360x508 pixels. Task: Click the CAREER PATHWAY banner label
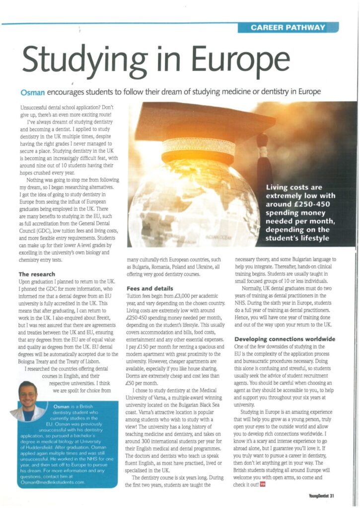click(x=288, y=28)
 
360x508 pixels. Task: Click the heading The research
click(x=37, y=274)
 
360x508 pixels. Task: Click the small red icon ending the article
click(x=261, y=484)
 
